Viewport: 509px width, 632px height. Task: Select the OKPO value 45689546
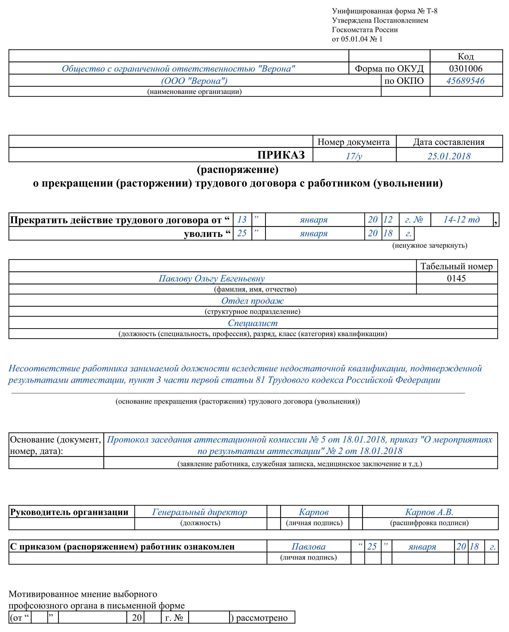pos(465,81)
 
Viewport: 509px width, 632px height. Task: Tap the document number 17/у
pos(354,156)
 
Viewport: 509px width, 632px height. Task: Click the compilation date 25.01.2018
pos(449,156)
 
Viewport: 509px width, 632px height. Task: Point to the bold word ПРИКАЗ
pos(281,155)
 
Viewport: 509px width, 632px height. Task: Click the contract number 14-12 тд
pos(461,220)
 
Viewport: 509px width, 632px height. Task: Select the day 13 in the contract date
pos(242,220)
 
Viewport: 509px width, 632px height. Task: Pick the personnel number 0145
pos(456,278)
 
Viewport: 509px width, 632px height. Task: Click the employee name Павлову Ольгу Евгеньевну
pos(212,279)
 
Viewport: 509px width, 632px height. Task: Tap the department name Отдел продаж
pos(253,301)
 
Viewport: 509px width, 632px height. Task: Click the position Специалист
pos(253,323)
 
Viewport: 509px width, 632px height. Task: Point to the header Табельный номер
pos(457,266)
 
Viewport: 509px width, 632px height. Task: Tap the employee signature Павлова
pos(308,546)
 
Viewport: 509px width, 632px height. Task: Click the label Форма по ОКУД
pos(389,69)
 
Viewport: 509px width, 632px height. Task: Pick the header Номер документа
pos(354,142)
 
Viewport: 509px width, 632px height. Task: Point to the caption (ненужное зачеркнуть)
pos(430,245)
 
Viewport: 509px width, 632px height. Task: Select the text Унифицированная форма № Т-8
pos(384,11)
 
